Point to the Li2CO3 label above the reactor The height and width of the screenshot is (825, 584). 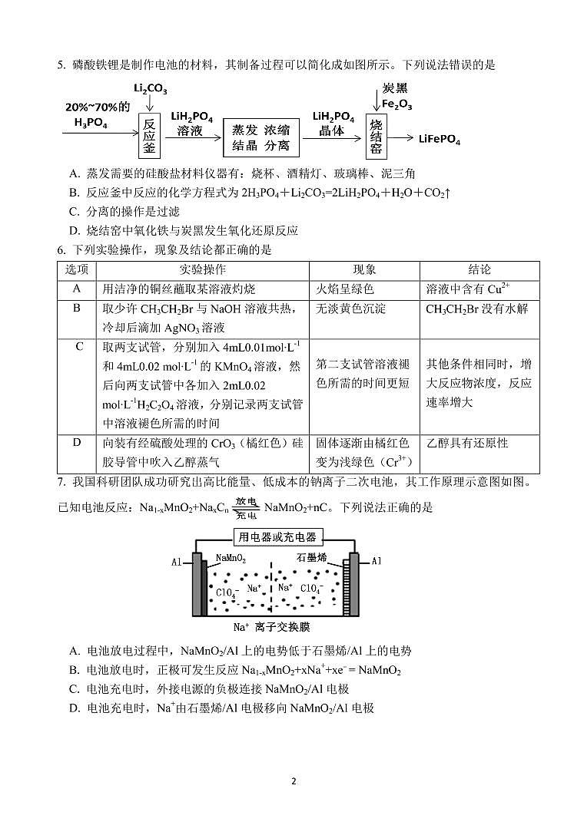pos(150,90)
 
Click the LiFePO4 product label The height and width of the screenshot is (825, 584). pos(440,139)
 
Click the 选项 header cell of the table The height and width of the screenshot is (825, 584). pos(76,270)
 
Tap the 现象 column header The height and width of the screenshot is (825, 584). pos(364,270)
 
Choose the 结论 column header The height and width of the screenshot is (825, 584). pos(479,270)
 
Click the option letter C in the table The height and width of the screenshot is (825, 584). pos(77,347)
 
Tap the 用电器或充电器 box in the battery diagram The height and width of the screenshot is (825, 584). pos(277,537)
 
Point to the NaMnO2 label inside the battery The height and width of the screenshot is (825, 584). pos(231,559)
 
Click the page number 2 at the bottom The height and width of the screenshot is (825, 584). pos(293,781)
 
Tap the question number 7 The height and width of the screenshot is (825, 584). pos(61,482)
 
